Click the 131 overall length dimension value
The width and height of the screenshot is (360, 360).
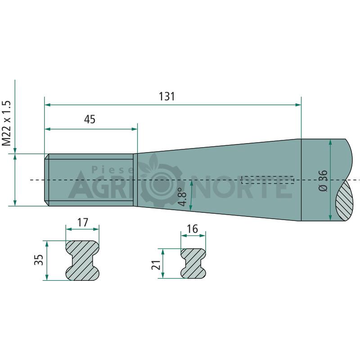[x=167, y=96]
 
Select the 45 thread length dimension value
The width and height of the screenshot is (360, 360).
[x=90, y=119]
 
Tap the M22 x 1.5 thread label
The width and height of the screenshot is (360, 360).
[x=7, y=123]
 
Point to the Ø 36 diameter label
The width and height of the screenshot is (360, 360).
[x=323, y=180]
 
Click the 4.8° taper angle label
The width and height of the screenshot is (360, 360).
[x=183, y=197]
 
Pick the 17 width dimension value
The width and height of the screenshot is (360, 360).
[x=83, y=222]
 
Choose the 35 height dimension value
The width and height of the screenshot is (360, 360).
[x=39, y=260]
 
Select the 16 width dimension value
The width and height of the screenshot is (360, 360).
[x=192, y=229]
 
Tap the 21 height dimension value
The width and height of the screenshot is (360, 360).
[x=156, y=265]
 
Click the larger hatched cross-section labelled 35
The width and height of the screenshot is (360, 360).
[x=83, y=261]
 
